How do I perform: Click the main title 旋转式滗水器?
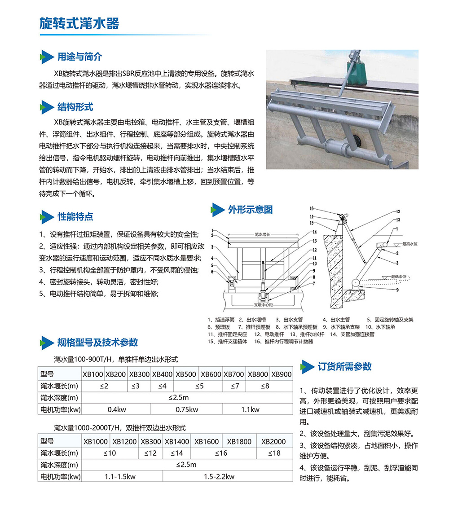pos(79,23)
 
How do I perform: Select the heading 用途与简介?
pos(79,57)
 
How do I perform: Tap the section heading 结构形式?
pos(75,107)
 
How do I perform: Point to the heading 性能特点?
pos(75,216)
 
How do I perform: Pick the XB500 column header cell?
pos(185,374)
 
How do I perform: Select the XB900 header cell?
pos(282,374)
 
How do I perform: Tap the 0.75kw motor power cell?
pos(187,409)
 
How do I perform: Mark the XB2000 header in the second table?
pos(273,441)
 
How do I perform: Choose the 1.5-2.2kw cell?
pos(219,476)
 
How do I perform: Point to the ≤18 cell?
pos(274,453)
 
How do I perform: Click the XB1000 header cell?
pos(96,441)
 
